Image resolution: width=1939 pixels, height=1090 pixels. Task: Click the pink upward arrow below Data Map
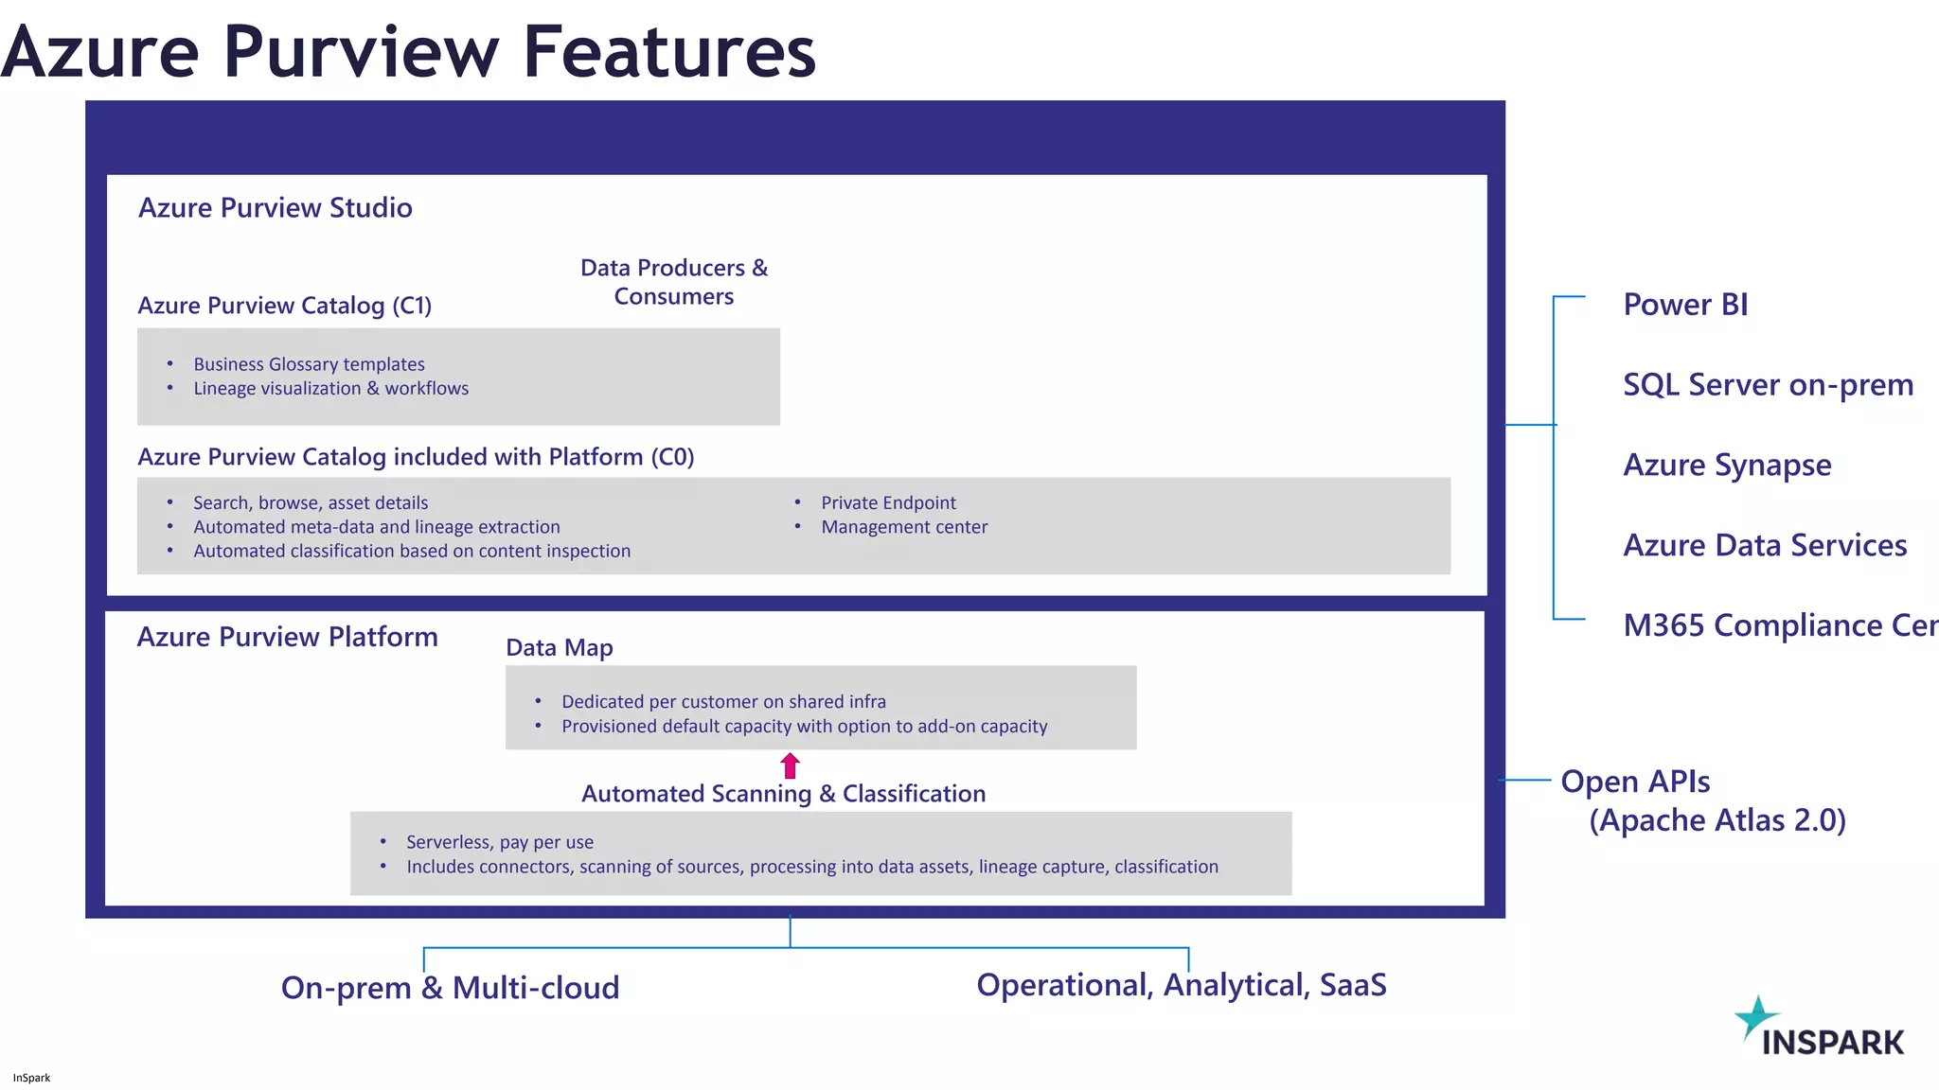pos(791,765)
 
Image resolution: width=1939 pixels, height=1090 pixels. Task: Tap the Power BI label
pos(1685,305)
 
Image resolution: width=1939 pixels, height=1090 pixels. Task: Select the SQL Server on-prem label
pos(1768,385)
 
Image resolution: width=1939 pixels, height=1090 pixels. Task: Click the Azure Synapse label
pos(1727,466)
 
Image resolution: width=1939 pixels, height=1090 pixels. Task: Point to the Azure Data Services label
pos(1765,546)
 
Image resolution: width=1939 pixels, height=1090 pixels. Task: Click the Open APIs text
pos(1635,782)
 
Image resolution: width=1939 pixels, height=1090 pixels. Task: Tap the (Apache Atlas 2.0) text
pos(1717,820)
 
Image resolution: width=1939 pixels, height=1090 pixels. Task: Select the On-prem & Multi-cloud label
pos(450,988)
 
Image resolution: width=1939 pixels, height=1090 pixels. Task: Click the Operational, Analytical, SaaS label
pos(1181,985)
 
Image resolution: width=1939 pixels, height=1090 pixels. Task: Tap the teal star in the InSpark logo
pos(1756,1017)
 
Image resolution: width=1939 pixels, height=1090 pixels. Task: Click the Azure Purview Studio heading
pos(276,208)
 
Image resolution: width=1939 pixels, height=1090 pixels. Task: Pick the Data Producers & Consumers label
pos(674,282)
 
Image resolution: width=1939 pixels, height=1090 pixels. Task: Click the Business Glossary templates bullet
pos(309,364)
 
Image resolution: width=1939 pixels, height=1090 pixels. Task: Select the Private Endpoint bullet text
pos(888,503)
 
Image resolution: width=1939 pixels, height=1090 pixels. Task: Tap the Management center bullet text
pos(904,527)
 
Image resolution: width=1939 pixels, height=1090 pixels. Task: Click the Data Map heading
pos(560,648)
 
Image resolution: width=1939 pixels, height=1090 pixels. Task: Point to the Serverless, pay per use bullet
pos(500,842)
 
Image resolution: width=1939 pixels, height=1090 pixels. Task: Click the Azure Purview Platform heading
pos(288,637)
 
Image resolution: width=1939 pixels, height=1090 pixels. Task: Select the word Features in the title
pos(668,52)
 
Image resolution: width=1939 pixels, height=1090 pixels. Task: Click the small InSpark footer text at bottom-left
pos(31,1078)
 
